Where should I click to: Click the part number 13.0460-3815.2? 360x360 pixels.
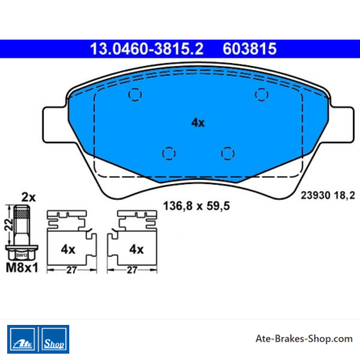tap(147, 49)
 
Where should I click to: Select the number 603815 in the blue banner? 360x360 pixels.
tap(249, 49)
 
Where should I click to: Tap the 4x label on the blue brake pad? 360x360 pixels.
tap(198, 123)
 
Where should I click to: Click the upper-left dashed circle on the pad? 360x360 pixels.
tap(135, 95)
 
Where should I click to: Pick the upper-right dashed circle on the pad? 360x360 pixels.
tap(261, 95)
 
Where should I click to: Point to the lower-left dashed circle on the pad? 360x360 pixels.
tap(169, 154)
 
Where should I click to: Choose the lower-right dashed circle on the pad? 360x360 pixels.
tap(228, 154)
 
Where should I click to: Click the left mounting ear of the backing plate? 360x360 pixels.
tap(54, 125)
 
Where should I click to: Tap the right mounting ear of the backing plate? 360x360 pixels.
tap(342, 125)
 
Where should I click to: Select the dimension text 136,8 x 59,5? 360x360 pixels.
tap(197, 206)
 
